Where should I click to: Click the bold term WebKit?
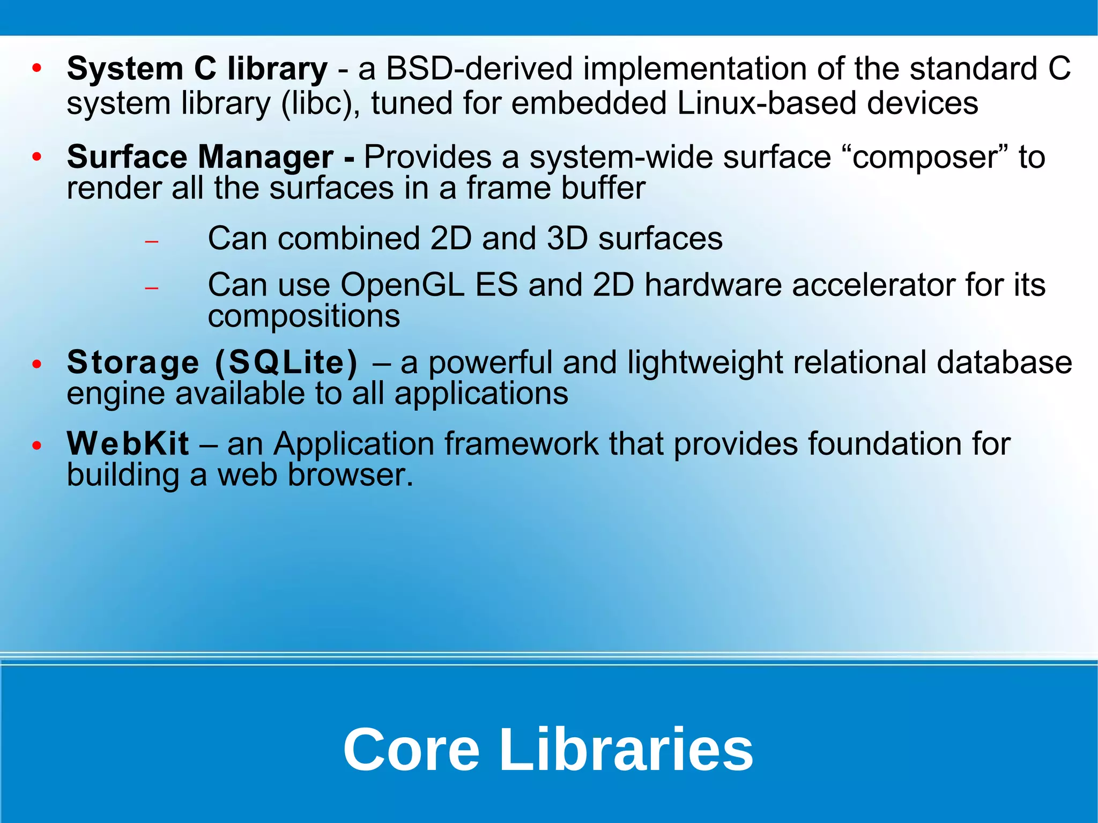tap(128, 444)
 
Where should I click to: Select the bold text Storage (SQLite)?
tap(212, 362)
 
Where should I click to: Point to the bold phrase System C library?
tap(197, 69)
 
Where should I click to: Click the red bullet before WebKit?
tap(36, 446)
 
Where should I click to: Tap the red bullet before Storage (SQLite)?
tap(36, 365)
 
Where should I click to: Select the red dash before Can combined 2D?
tap(152, 242)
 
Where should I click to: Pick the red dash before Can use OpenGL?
tap(152, 288)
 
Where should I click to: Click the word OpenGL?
tap(402, 285)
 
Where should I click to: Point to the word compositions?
tap(303, 316)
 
